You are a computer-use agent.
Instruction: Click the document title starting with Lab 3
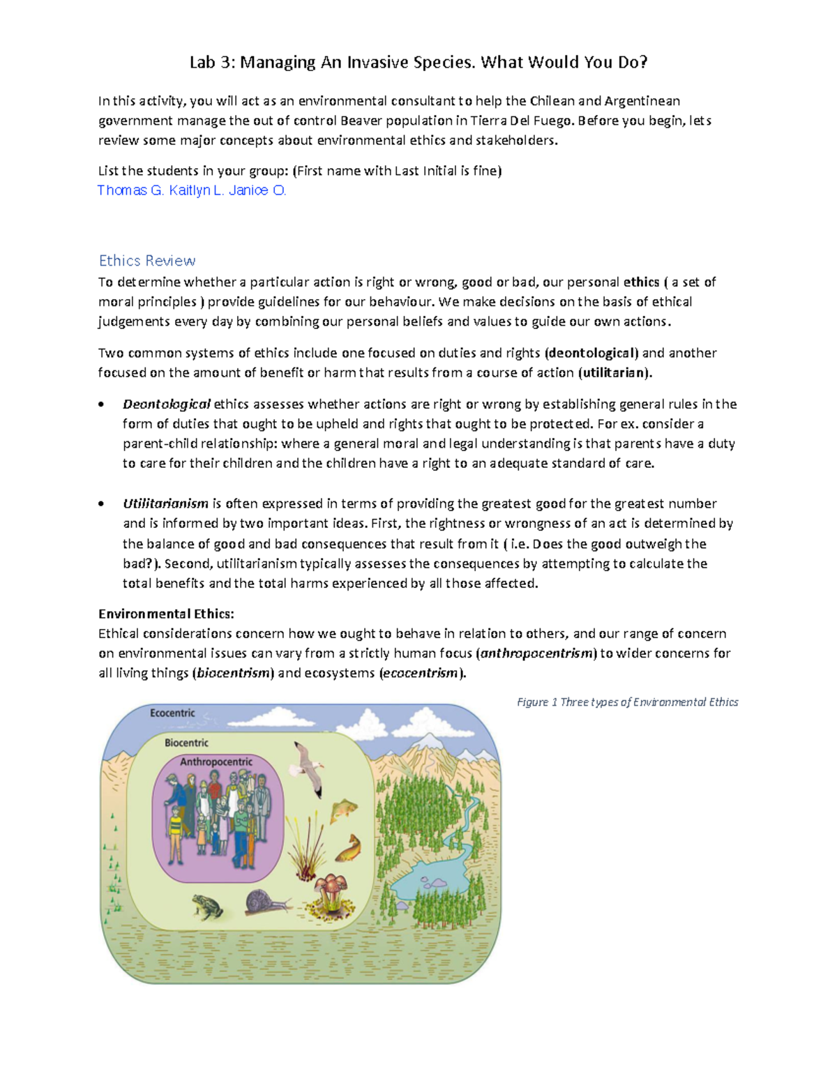[418, 63]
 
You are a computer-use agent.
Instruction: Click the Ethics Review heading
[146, 261]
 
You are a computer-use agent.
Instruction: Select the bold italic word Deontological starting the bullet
[167, 404]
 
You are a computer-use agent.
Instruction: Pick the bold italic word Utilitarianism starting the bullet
[165, 503]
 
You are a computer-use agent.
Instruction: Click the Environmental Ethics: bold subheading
[166, 614]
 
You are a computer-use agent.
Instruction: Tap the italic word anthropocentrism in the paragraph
[536, 653]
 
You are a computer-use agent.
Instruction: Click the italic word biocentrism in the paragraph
[234, 673]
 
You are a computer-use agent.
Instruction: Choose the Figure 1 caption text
[627, 702]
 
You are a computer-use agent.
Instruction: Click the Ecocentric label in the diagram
[172, 713]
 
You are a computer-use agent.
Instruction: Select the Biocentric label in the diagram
[186, 743]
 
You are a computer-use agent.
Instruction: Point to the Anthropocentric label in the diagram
[216, 762]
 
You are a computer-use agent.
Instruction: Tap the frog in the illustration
[208, 907]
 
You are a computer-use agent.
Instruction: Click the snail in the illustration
[267, 902]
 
